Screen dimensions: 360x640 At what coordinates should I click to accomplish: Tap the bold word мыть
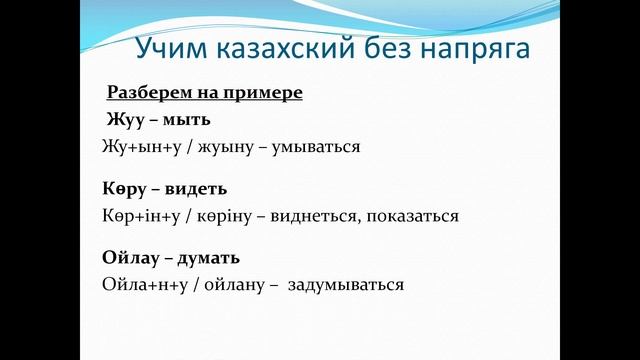tap(187, 120)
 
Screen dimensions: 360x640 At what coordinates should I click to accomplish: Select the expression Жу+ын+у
tap(136, 146)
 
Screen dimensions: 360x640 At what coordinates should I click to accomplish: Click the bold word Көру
tap(123, 188)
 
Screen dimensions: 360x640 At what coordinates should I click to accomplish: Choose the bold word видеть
tap(194, 188)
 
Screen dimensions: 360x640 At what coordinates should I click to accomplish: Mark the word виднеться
tap(299, 215)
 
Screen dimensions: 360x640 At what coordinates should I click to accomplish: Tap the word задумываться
tap(346, 285)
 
